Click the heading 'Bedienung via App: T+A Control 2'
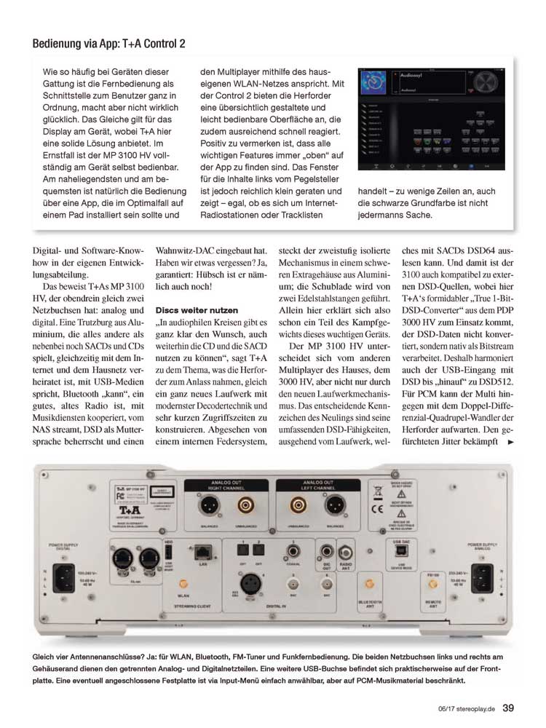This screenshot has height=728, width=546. tap(108, 44)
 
